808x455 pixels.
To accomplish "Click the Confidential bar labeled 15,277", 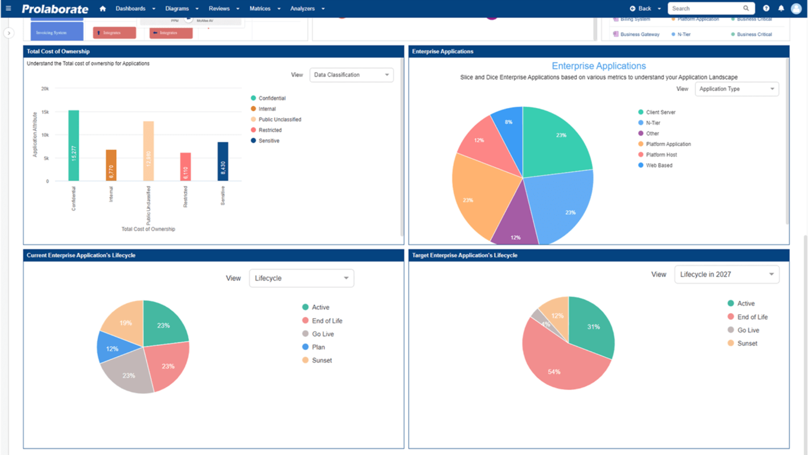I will pyautogui.click(x=74, y=145).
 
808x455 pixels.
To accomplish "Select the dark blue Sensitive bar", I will pyautogui.click(x=223, y=161).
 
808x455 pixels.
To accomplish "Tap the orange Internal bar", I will pyautogui.click(x=111, y=165).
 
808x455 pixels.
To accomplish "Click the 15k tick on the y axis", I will pyautogui.click(x=45, y=112).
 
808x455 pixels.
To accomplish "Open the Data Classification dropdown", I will pyautogui.click(x=351, y=75).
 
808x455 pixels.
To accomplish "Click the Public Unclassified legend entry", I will pyautogui.click(x=279, y=120).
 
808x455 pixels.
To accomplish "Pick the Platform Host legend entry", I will pyautogui.click(x=661, y=155).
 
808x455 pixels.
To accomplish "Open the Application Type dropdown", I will pyautogui.click(x=736, y=89).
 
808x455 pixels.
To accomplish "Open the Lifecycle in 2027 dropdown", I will pyautogui.click(x=726, y=274).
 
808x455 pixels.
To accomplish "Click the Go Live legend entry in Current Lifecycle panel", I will pyautogui.click(x=322, y=334).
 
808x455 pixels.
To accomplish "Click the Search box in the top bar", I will pyautogui.click(x=705, y=8).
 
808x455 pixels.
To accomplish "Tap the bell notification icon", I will pyautogui.click(x=781, y=8).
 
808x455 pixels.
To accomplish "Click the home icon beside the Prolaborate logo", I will pyautogui.click(x=103, y=8).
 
